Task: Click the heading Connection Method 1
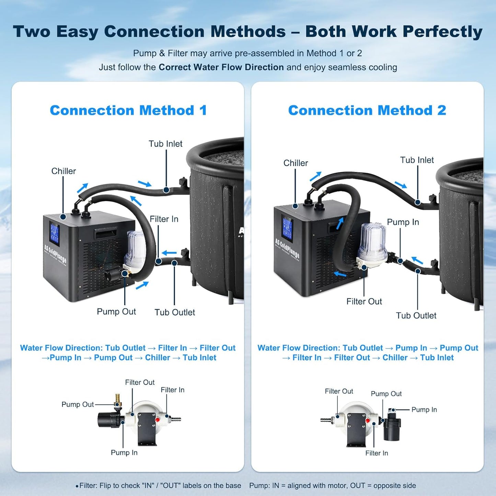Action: [128, 111]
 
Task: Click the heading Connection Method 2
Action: [367, 111]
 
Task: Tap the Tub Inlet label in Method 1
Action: [165, 144]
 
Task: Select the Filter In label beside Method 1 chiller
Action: [164, 219]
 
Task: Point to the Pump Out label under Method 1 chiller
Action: [116, 312]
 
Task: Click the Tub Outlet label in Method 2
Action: [416, 315]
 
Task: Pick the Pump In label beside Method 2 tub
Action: [403, 222]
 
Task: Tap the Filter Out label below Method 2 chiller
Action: [364, 301]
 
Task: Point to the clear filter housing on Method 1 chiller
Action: [136, 247]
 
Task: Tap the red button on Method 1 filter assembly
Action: [158, 419]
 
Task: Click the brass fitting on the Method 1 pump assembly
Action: [118, 399]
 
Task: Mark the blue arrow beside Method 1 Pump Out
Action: [142, 285]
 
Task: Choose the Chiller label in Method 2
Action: [296, 163]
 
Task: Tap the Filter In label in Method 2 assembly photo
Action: [377, 453]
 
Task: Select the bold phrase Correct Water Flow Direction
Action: [221, 67]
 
